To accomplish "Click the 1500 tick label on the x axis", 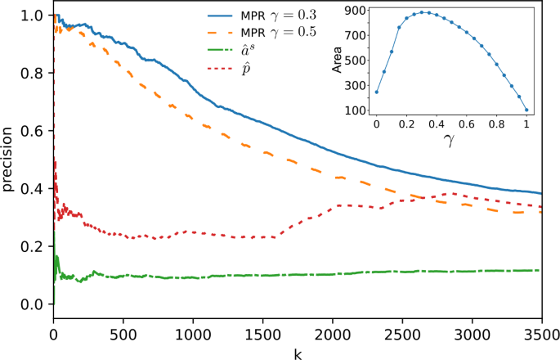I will (x=262, y=334).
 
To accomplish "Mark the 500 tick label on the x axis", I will (x=123, y=334).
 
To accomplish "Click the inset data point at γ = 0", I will (x=376, y=92).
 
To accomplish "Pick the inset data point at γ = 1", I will (x=527, y=110).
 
